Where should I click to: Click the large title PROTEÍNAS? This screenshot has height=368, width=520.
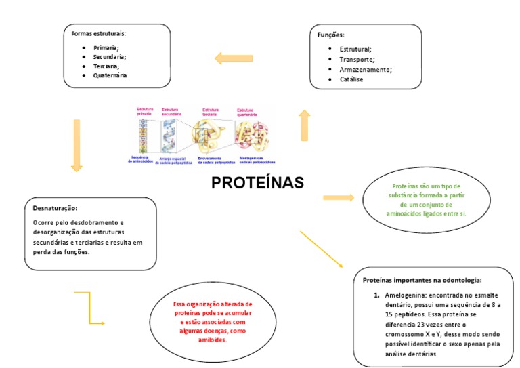[257, 183]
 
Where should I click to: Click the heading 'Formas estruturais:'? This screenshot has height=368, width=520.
[99, 33]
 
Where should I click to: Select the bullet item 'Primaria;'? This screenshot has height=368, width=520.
[106, 48]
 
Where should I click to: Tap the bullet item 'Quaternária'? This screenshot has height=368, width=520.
[110, 75]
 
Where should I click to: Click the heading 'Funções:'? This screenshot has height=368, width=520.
[331, 35]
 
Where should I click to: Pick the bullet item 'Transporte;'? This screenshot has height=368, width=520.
[357, 59]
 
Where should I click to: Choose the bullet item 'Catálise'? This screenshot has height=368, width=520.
[351, 79]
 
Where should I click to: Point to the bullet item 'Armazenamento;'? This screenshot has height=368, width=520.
[366, 69]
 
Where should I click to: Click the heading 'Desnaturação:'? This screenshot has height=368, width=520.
[55, 208]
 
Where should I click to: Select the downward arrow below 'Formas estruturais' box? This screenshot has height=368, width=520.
[77, 145]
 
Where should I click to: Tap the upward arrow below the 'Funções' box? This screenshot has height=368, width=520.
[305, 125]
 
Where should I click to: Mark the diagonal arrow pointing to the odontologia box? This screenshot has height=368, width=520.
[326, 249]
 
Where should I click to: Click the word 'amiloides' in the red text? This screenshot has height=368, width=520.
[212, 340]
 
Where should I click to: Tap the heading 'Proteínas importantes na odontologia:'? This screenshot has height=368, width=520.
[422, 279]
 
